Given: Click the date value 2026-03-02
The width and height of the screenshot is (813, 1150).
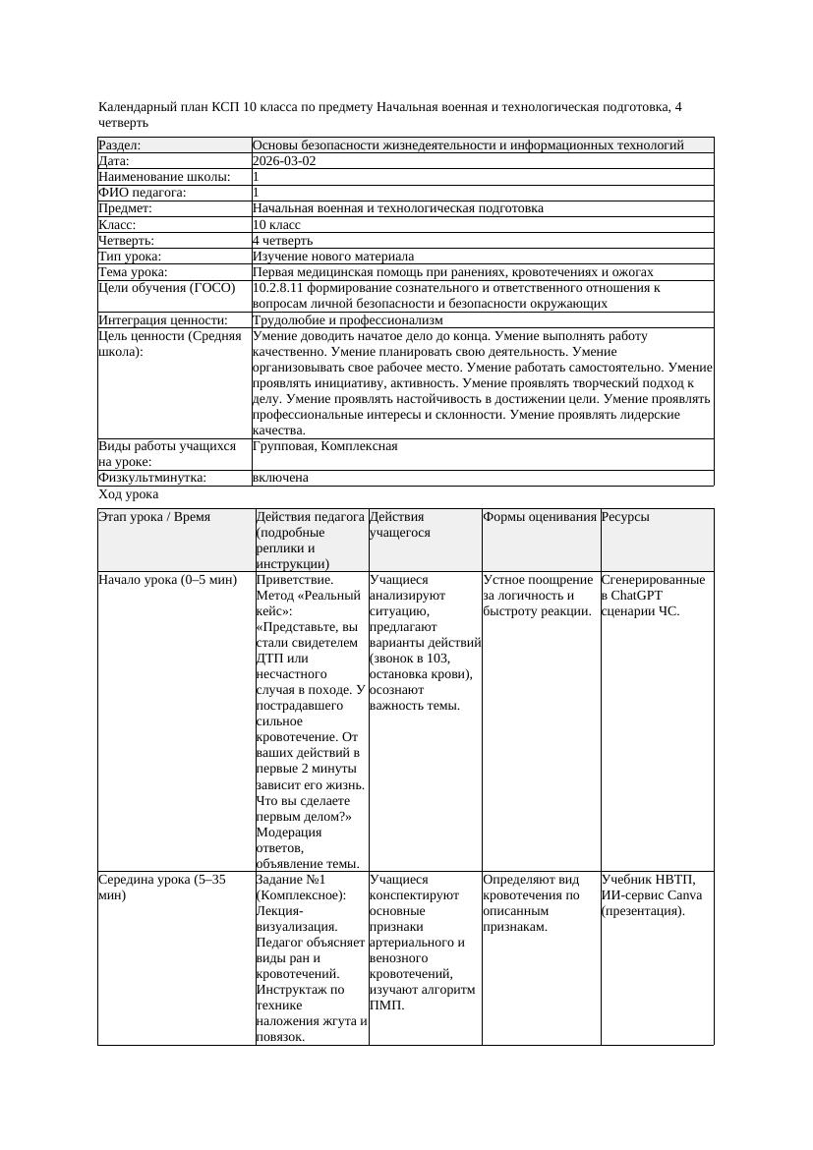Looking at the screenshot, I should click(x=284, y=161).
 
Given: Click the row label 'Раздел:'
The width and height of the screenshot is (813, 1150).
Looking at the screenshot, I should click(x=120, y=145).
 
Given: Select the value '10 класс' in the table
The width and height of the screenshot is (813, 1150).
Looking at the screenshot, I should click(x=276, y=224).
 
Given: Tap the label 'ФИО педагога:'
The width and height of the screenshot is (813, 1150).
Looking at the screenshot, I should click(x=143, y=193).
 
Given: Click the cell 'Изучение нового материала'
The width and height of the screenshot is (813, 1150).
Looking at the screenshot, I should click(x=333, y=256).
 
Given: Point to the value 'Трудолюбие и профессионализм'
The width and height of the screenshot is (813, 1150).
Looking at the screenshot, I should click(x=347, y=320).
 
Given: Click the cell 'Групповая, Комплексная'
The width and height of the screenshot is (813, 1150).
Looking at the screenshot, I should click(x=324, y=446).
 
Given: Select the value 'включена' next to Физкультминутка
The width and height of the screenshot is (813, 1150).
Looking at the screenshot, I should click(x=280, y=478).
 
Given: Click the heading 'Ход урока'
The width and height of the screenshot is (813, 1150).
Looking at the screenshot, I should click(x=129, y=494).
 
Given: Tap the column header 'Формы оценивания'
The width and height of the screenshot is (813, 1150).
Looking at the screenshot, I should click(x=540, y=517).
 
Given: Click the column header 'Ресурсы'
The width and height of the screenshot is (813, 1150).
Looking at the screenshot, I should click(x=625, y=517).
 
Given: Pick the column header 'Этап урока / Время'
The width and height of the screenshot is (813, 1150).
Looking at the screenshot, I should click(x=154, y=517).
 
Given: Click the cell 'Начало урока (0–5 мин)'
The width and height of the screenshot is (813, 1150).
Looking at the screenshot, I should click(x=168, y=580).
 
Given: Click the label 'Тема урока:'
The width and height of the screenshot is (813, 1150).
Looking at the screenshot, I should click(x=133, y=272).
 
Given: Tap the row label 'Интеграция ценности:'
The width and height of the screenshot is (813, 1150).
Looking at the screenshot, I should click(x=163, y=320).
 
